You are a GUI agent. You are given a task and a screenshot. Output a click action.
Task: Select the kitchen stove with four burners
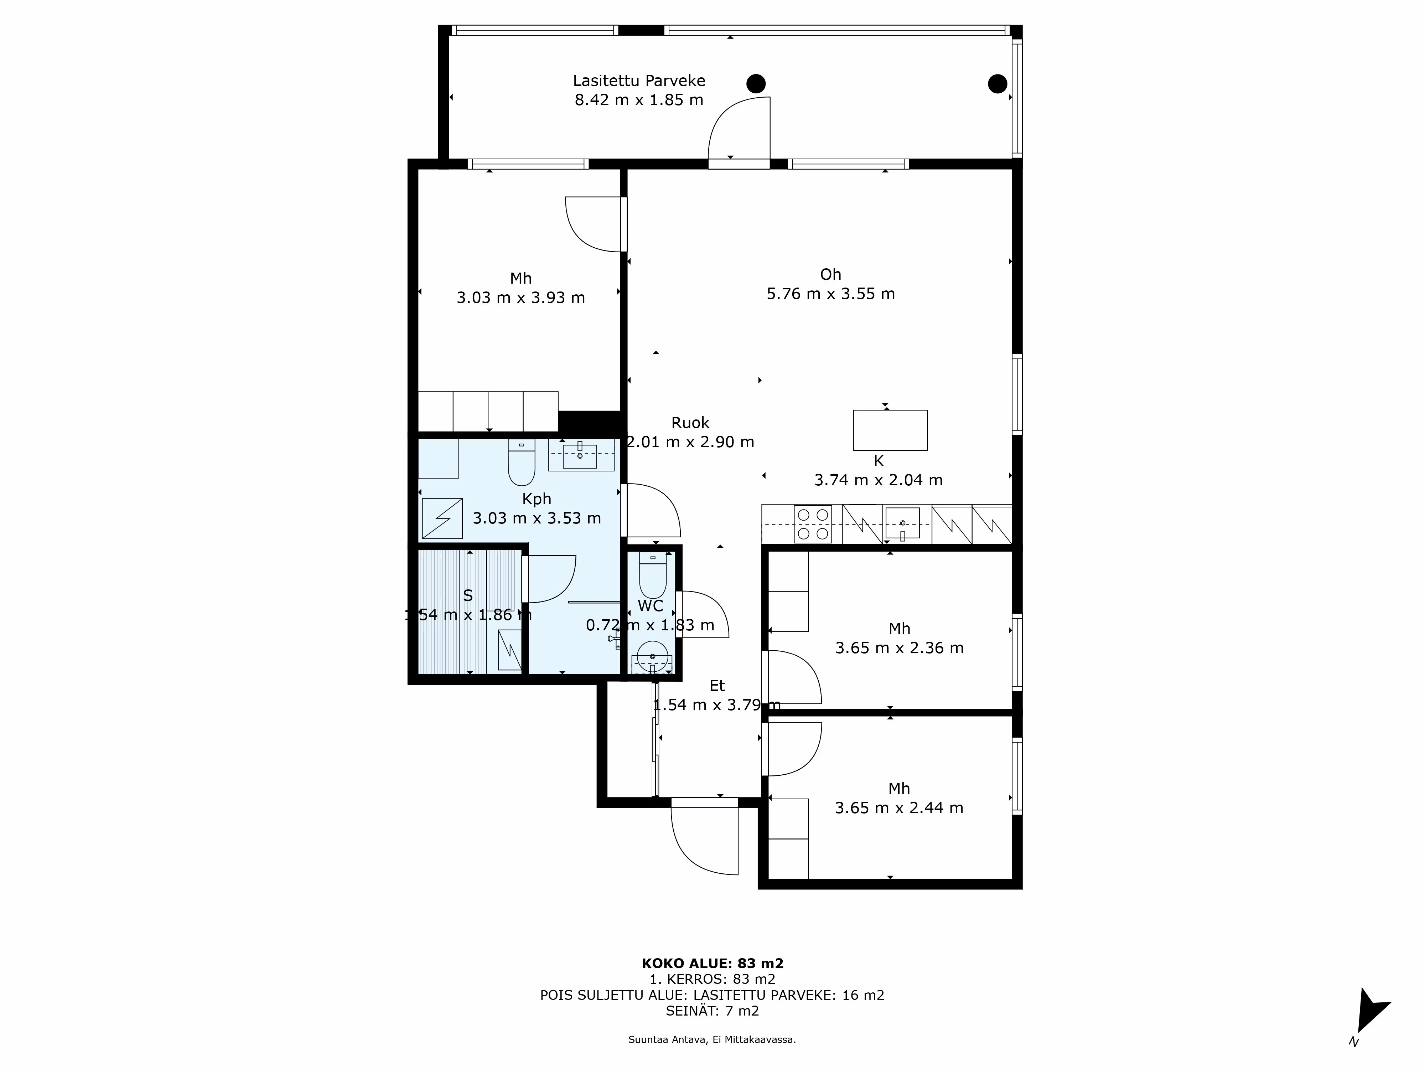tap(813, 524)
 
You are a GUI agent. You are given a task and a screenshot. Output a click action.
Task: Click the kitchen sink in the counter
tap(902, 523)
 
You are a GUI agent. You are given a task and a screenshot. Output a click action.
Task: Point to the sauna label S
tap(468, 595)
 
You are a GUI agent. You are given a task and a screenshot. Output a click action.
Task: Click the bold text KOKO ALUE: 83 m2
tap(712, 963)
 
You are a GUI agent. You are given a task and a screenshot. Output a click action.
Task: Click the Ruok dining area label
tap(690, 423)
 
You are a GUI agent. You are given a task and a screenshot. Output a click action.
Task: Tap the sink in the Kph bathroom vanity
tap(580, 456)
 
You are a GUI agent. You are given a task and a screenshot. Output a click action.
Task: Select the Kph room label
tap(536, 499)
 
